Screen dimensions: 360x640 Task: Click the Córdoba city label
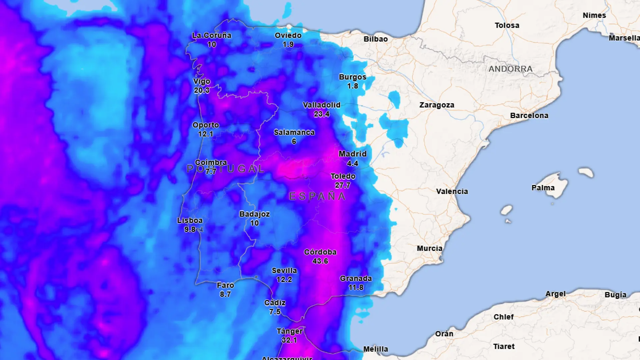coord(320,252)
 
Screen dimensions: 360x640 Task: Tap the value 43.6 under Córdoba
coord(320,261)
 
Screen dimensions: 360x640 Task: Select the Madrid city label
coord(352,154)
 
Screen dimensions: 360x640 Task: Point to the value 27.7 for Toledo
coord(343,185)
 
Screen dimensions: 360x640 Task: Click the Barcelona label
coord(529,116)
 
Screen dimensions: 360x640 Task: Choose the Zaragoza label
coord(437,105)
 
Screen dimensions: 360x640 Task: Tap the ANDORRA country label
coord(510,69)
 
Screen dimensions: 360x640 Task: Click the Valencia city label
coord(452,191)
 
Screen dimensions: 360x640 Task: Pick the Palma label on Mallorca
coord(543,188)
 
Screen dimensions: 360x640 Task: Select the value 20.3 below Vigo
coord(202,90)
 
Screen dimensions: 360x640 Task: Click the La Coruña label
coord(211,35)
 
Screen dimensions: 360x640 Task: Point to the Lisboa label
coord(190,220)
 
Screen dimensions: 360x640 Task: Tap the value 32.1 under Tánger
coord(289,340)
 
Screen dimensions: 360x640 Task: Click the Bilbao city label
coord(375,39)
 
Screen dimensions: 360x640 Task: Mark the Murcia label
coord(429,248)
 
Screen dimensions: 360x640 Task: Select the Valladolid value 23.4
coord(321,114)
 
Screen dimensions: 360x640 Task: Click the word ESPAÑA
coord(317,196)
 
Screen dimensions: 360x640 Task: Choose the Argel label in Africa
coord(555,294)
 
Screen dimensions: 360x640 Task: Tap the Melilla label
coord(375,349)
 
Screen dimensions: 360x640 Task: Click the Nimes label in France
coord(594,15)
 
